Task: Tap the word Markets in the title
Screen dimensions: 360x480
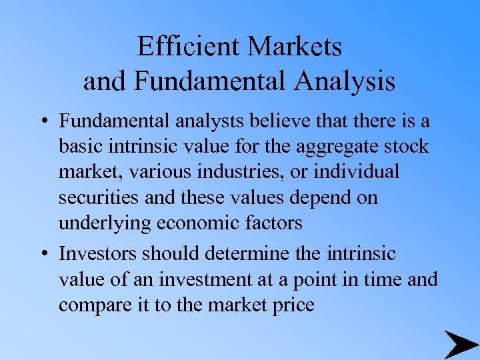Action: coord(295,46)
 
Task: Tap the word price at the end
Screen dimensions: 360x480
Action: coord(291,305)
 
